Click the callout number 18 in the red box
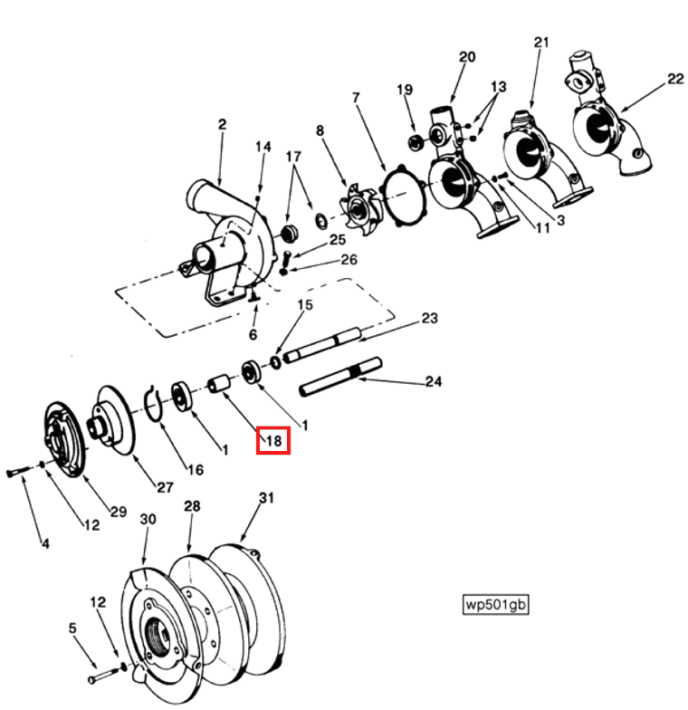[x=273, y=441]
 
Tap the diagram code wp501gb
[x=494, y=604]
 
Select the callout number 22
[x=675, y=80]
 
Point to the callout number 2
[x=221, y=124]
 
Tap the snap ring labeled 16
[x=155, y=402]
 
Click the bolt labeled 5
[x=98, y=676]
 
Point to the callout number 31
[x=265, y=498]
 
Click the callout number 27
[x=164, y=487]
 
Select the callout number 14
[x=263, y=148]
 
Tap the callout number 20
[x=466, y=57]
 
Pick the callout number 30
[x=148, y=518]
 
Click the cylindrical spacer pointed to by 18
[x=220, y=386]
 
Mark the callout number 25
[x=337, y=240]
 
